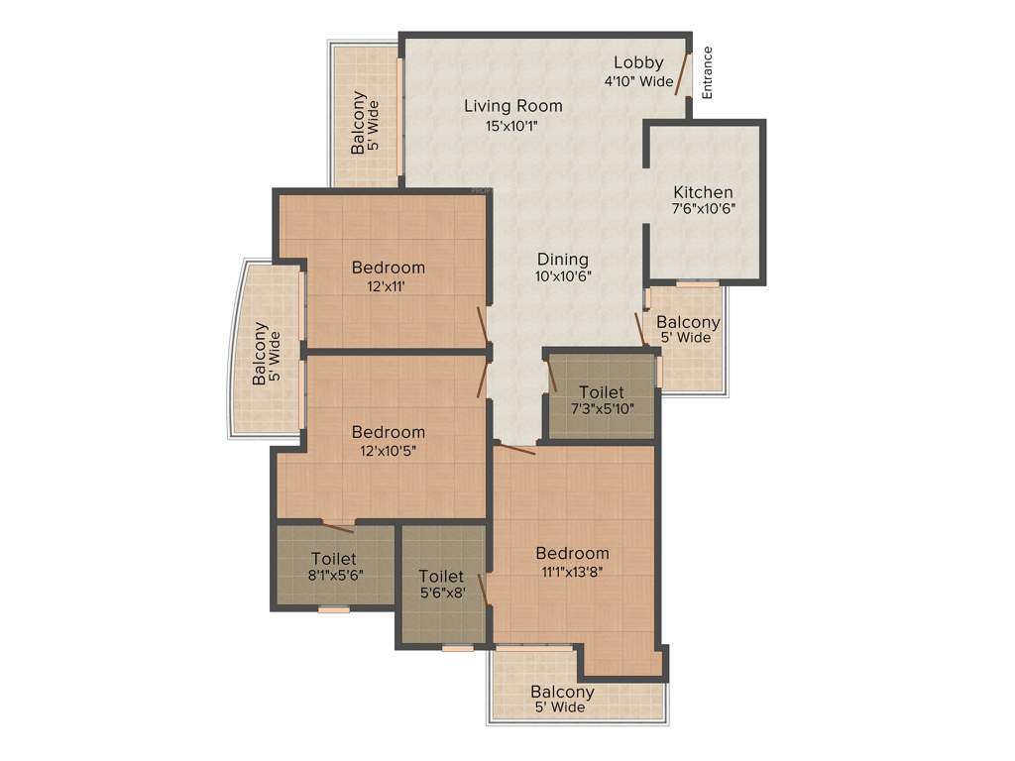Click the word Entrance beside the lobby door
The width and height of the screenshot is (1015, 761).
coord(708,72)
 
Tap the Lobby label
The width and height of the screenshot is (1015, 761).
coord(638,62)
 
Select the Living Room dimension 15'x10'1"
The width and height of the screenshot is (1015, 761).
coord(512,125)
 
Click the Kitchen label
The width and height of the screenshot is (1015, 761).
coord(703,191)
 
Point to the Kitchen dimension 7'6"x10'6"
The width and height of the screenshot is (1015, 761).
coord(703,208)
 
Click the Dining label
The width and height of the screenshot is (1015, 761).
coord(563,260)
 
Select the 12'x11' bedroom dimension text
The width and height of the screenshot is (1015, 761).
coord(388,286)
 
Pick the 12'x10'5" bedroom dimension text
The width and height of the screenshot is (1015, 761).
coord(388,451)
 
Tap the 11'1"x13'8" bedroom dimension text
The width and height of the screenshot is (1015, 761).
coord(572,571)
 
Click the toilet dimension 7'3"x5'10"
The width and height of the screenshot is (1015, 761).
coord(602,408)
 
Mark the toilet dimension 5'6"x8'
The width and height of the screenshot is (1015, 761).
coord(441,593)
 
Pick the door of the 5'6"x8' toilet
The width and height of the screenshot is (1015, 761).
coord(483,589)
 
